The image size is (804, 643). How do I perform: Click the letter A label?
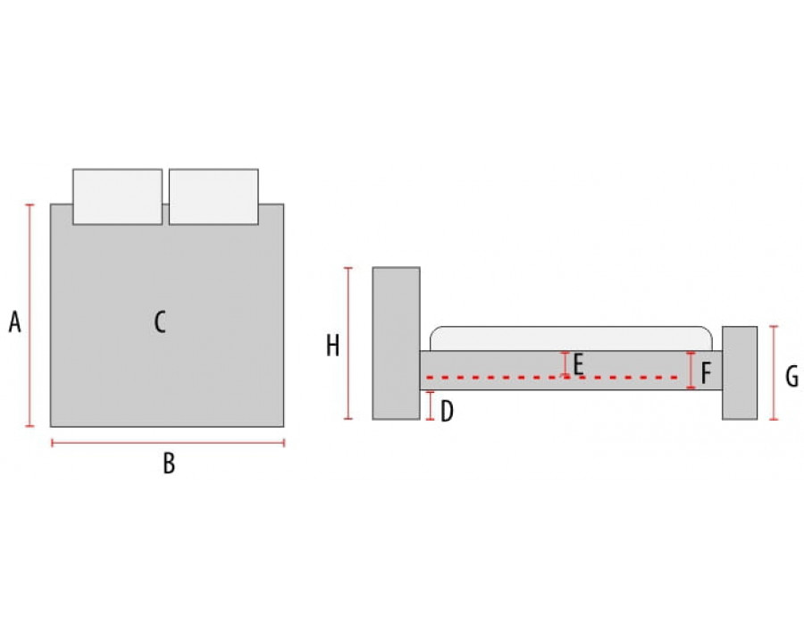(15, 322)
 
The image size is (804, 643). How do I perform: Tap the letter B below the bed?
(169, 463)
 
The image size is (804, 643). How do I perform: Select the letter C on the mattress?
(160, 322)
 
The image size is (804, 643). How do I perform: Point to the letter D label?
(448, 411)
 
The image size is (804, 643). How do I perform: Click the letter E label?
(578, 364)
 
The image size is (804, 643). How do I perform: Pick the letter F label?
(706, 372)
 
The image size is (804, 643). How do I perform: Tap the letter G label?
(792, 376)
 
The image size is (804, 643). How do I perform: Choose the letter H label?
(333, 346)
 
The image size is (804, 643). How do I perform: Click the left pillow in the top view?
(117, 196)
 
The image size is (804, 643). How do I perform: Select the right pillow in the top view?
(214, 196)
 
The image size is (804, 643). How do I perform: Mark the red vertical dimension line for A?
(29, 315)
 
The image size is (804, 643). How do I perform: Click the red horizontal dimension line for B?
(168, 443)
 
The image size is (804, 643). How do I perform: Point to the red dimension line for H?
(348, 344)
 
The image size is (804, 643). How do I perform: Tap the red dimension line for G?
(775, 372)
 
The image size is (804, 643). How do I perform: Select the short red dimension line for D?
(431, 406)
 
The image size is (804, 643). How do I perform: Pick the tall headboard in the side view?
(397, 344)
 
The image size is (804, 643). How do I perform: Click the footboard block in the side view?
(740, 372)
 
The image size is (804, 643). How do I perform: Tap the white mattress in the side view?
(571, 339)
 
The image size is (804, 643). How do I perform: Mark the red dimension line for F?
(691, 371)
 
